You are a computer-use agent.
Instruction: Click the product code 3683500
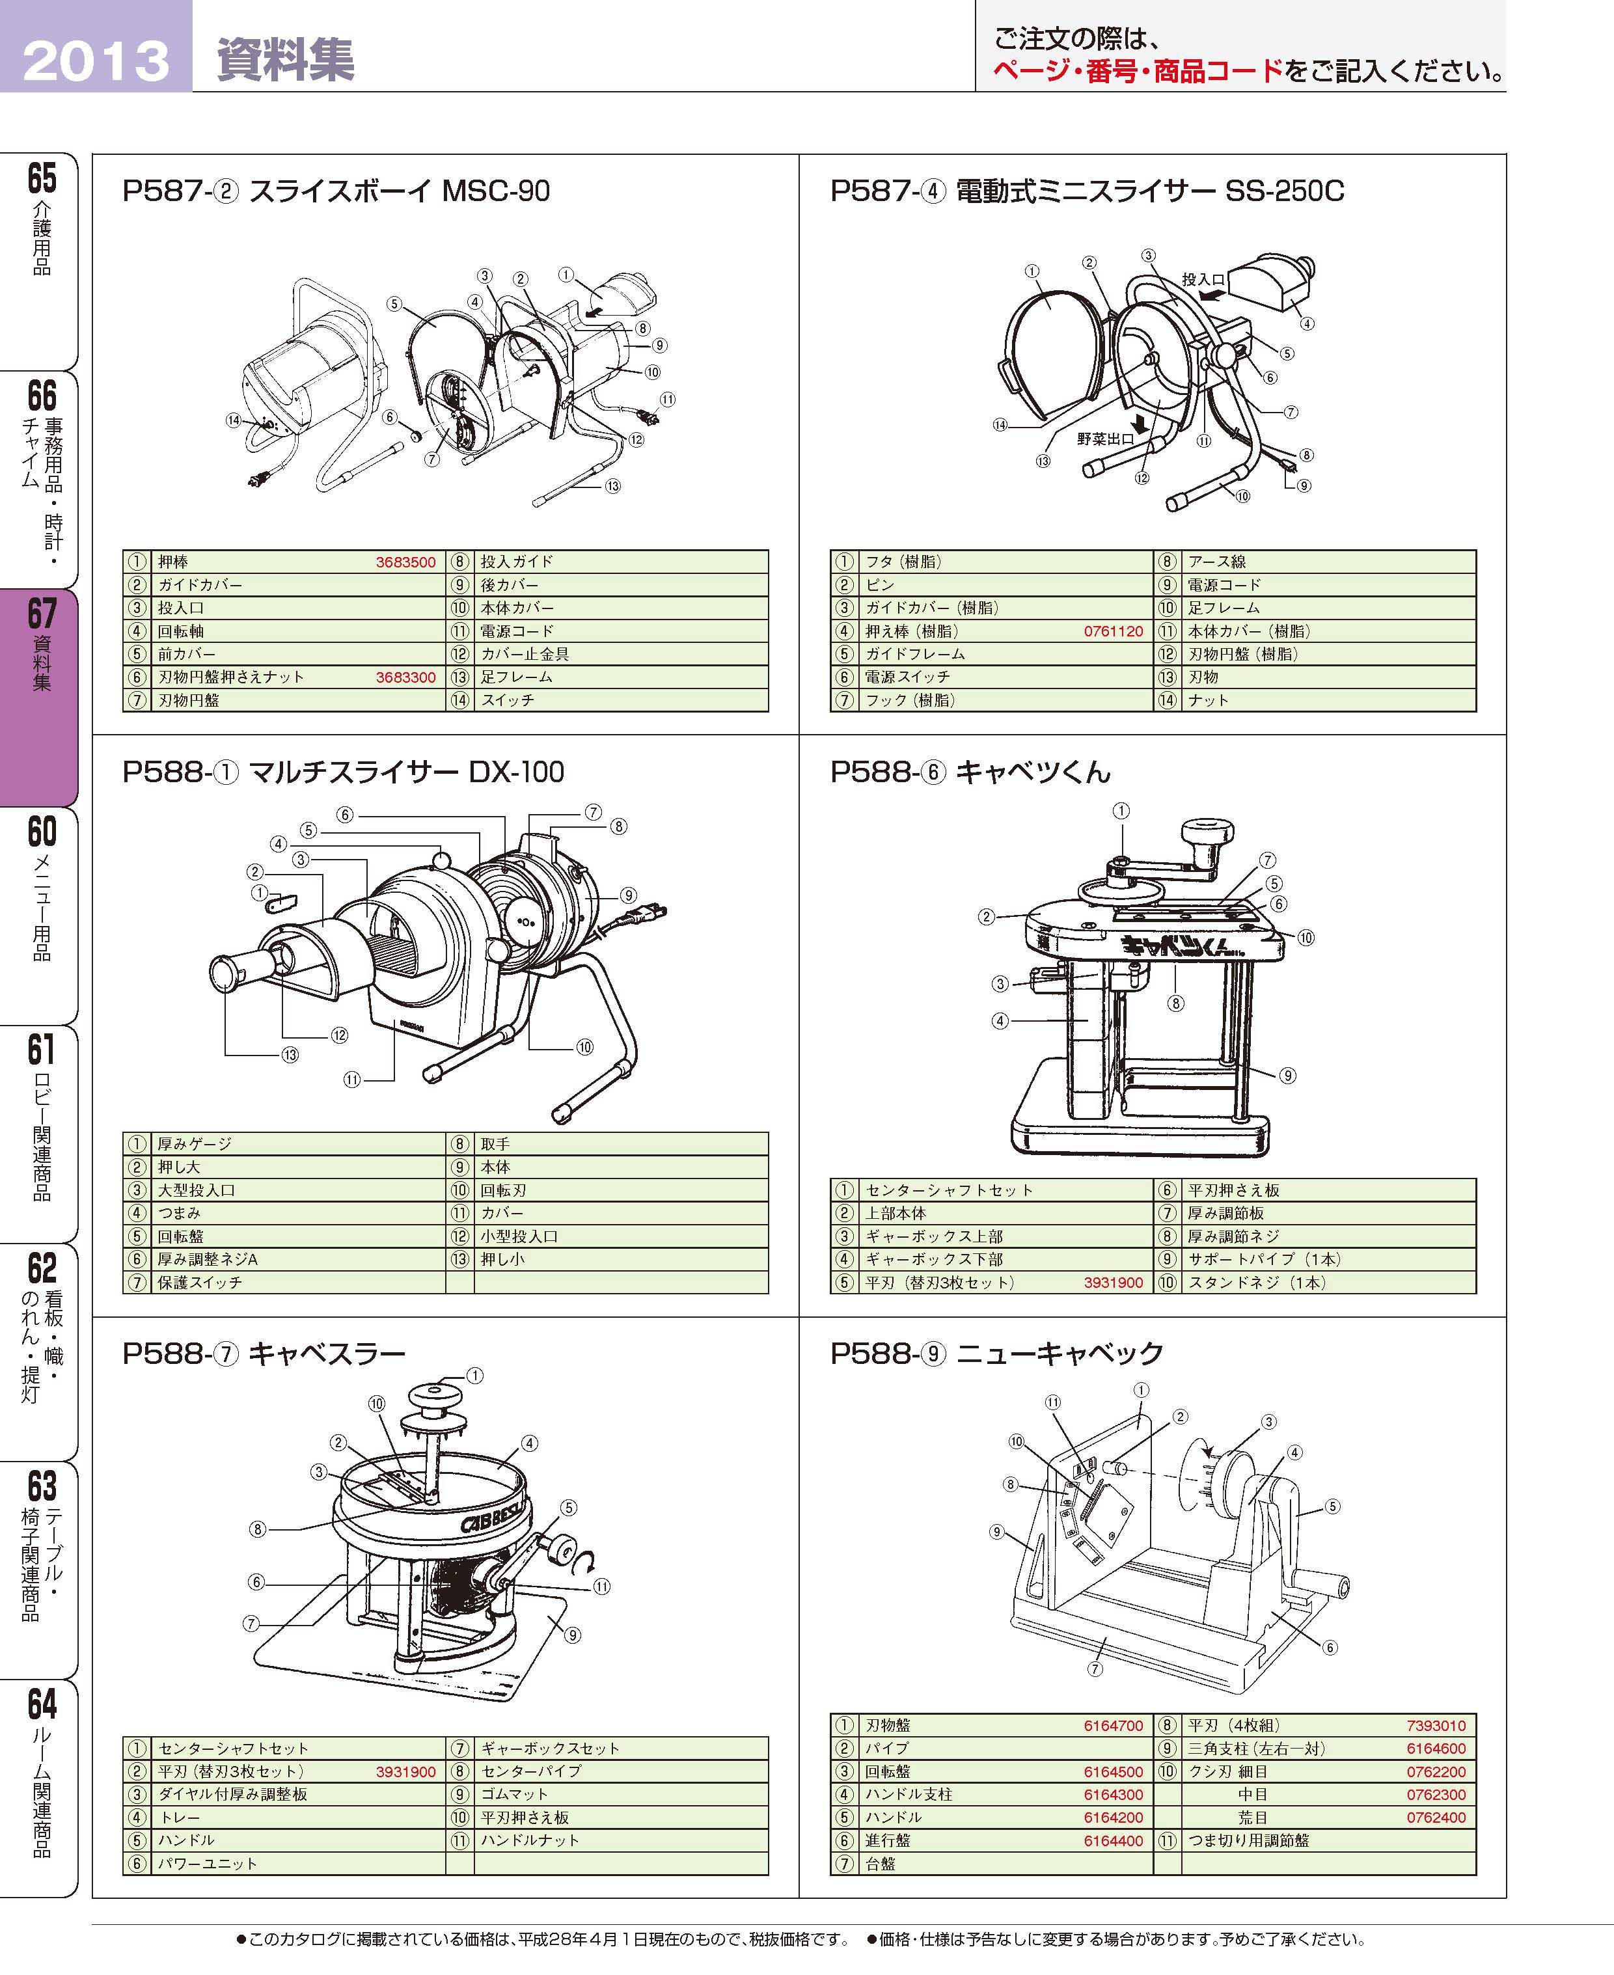[x=405, y=562]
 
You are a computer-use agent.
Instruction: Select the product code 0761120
[x=1113, y=631]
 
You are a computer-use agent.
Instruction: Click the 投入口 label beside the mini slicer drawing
[x=1203, y=279]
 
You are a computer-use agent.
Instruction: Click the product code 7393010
[x=1436, y=1726]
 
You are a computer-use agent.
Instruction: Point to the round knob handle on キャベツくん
[x=1207, y=830]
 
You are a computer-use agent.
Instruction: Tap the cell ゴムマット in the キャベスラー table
[x=514, y=1795]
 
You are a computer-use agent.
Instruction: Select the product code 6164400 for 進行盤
[x=1113, y=1840]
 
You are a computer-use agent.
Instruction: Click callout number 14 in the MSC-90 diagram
[x=234, y=420]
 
